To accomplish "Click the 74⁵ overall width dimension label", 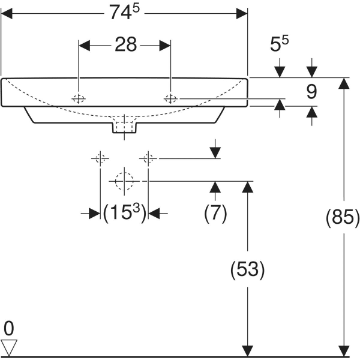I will pyautogui.click(x=125, y=13).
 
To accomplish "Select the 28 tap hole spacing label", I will pyautogui.click(x=125, y=45).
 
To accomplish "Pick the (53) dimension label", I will pyautogui.click(x=247, y=269).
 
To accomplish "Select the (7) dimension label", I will pyautogui.click(x=215, y=214).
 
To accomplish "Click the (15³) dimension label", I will pyautogui.click(x=124, y=213).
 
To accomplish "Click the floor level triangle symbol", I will pyautogui.click(x=10, y=347).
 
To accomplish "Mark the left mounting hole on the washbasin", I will pyautogui.click(x=78, y=99).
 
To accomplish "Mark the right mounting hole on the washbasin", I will pyautogui.click(x=171, y=99).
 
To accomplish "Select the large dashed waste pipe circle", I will pyautogui.click(x=124, y=181).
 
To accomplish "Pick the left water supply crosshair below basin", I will pyautogui.click(x=100, y=158).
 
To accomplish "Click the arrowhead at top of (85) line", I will pyautogui.click(x=343, y=83).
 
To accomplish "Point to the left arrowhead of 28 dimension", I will pyautogui.click(x=85, y=45).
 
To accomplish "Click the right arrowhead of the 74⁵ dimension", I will pyautogui.click(x=242, y=13).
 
